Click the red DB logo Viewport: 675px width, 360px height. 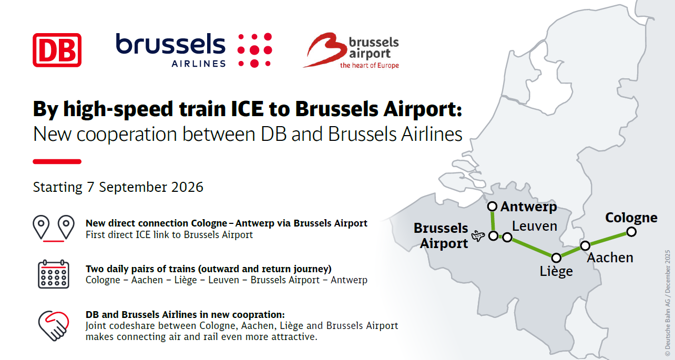pos(57,50)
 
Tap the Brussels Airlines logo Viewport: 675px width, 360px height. pos(193,50)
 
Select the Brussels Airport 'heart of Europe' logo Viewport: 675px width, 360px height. pos(351,51)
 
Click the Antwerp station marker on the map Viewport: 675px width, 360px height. pos(492,207)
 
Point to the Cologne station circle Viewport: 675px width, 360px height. pos(631,232)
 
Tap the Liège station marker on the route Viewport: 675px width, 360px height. pos(556,258)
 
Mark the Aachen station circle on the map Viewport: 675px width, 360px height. pos(585,245)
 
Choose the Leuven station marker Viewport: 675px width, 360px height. pos(507,238)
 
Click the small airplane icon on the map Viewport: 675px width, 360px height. pos(478,236)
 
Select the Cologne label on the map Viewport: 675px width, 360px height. pos(631,218)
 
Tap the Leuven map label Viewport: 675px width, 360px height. pos(535,226)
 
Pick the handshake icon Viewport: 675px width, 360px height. pos(54,325)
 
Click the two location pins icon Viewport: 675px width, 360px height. pos(53,228)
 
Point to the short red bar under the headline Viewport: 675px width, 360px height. pos(57,161)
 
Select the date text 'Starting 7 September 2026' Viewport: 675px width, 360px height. pos(118,187)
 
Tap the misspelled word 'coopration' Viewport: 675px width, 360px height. pos(259,315)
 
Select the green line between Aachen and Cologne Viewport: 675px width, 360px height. pos(608,239)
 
